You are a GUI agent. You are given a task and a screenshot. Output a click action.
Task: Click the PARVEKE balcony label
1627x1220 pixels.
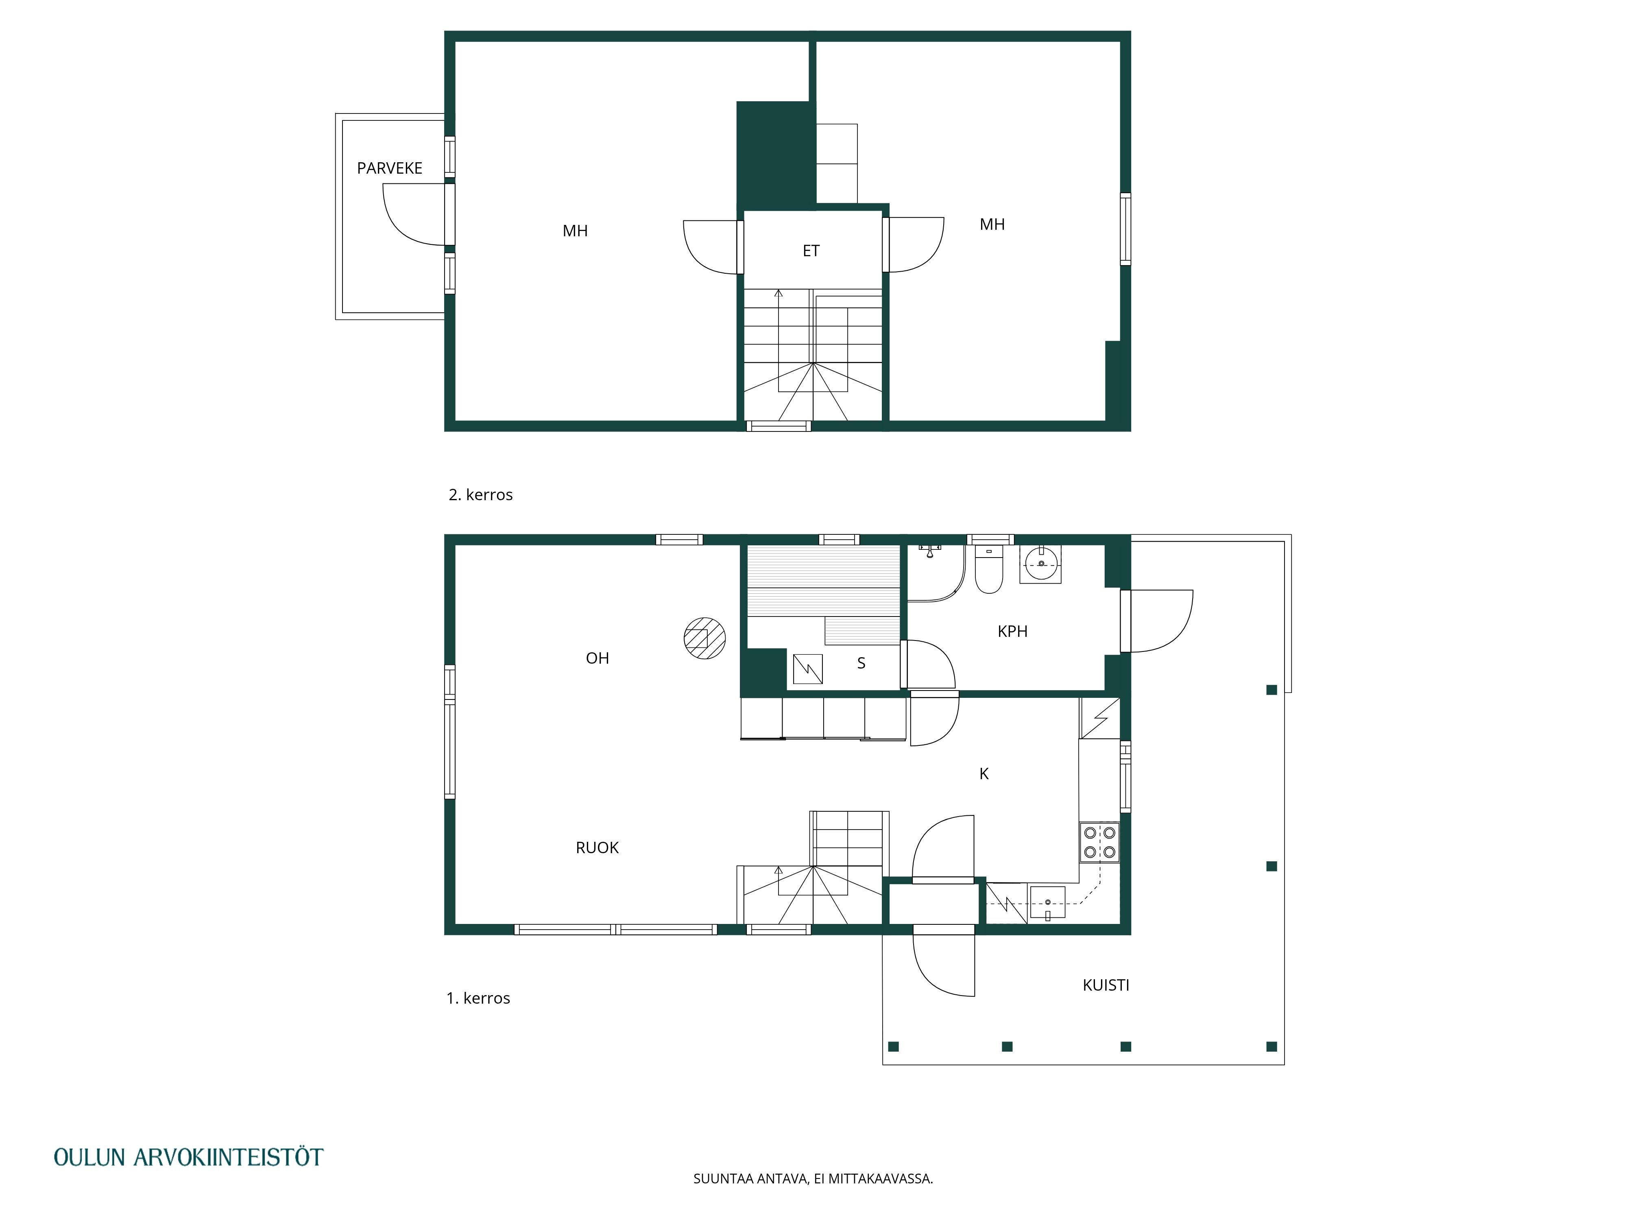[x=389, y=168]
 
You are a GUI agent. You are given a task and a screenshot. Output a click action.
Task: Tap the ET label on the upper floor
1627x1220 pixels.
[x=811, y=251]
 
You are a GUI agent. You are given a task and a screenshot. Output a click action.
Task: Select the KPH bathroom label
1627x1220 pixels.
[x=1012, y=631]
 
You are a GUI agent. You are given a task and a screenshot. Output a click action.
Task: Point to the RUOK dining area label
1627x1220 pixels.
[x=597, y=848]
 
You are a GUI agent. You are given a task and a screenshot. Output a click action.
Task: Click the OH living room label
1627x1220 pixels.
[x=597, y=658]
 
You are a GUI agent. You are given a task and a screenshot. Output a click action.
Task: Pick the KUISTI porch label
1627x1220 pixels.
[x=1106, y=985]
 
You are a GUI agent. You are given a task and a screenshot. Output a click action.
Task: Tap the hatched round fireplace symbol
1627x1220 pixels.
[x=704, y=638]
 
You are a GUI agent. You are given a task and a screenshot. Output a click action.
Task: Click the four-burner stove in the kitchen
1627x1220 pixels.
[x=1099, y=843]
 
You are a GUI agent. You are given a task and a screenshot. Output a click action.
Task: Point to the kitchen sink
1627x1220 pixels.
[x=1047, y=903]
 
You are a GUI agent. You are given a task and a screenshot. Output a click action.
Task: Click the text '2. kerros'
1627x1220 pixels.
[x=480, y=495]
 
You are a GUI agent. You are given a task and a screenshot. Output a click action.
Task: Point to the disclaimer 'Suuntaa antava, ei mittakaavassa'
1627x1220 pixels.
[x=813, y=1179]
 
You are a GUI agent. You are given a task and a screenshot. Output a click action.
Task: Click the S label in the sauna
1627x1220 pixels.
[x=861, y=663]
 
